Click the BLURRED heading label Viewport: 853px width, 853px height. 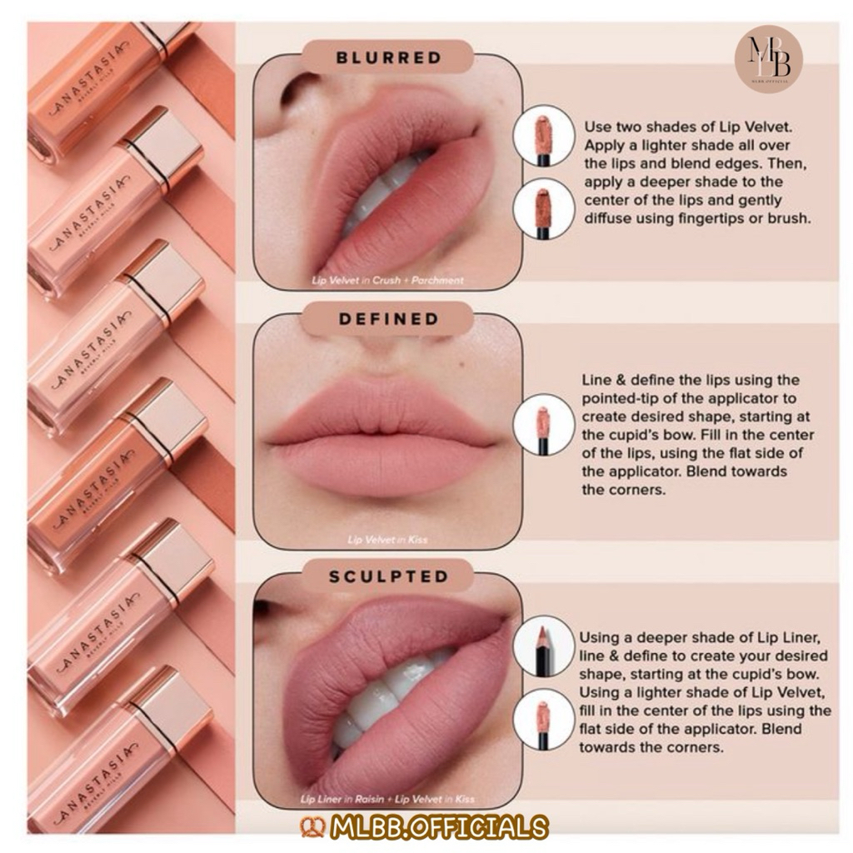388,57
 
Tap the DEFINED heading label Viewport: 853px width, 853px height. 388,319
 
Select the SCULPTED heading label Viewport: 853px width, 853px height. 388,576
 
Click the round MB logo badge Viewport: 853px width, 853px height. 769,59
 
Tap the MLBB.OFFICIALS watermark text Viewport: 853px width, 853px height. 438,827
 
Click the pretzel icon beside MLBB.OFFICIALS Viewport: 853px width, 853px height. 313,827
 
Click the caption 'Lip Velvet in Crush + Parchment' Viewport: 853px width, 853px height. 388,281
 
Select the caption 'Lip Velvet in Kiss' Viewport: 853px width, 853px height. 388,540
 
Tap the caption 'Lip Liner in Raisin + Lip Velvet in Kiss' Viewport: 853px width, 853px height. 387,799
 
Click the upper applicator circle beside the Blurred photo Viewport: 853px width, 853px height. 543,136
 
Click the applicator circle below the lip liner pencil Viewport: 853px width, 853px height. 543,719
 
